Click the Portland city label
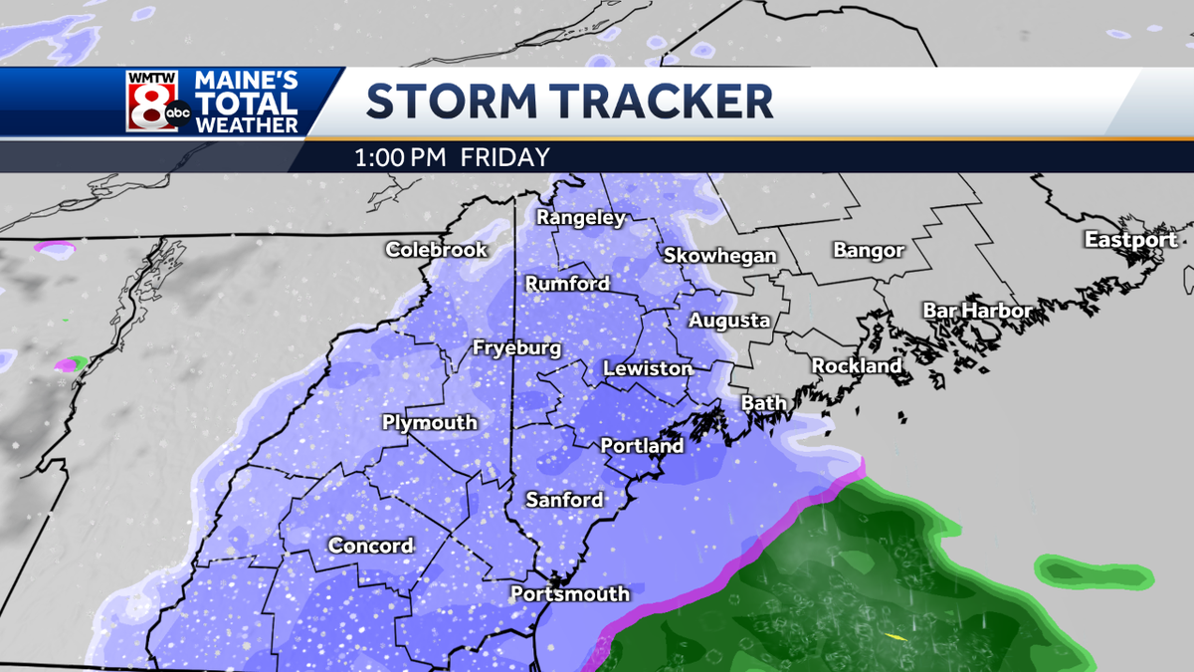tap(642, 446)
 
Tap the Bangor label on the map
tap(869, 250)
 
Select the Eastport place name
tap(1130, 239)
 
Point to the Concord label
tap(370, 546)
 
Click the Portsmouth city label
tap(569, 594)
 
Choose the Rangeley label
tap(581, 217)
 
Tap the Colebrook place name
tap(437, 249)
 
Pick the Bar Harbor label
tap(977, 311)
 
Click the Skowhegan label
tap(719, 256)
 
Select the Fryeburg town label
tap(516, 348)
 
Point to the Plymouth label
tap(430, 422)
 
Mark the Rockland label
tap(857, 365)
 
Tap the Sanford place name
tap(564, 500)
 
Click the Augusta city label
tap(729, 321)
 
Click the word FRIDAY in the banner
tap(510, 157)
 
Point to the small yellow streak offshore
tap(895, 636)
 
